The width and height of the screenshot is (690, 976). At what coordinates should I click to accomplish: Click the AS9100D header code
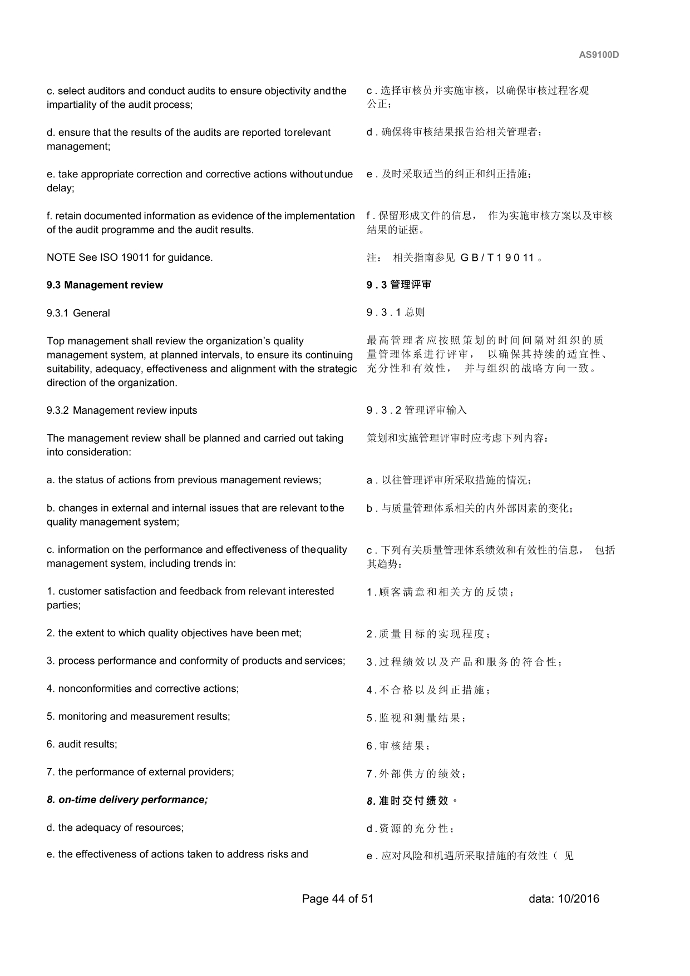[x=599, y=55]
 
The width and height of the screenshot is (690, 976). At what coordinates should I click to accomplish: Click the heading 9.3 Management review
[x=105, y=285]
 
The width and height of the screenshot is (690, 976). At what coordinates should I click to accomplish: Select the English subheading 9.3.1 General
[x=78, y=313]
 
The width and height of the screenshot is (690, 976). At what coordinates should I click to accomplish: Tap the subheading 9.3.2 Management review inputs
[x=122, y=410]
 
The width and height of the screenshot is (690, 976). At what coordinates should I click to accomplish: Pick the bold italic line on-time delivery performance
[x=127, y=800]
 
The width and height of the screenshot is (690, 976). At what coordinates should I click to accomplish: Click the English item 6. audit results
[x=82, y=744]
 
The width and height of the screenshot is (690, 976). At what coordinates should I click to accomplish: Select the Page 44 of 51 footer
[x=338, y=899]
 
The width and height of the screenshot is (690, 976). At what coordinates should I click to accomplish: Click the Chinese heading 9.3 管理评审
[x=398, y=285]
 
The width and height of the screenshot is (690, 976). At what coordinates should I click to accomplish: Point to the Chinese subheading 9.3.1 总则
[x=395, y=313]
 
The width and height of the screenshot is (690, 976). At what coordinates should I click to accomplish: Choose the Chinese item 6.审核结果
[x=398, y=746]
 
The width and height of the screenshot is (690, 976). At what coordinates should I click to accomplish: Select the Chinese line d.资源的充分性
[x=411, y=829]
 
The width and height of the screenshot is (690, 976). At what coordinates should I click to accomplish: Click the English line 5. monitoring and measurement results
[x=138, y=716]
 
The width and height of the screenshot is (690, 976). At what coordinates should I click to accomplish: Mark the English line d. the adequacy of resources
[x=115, y=828]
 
